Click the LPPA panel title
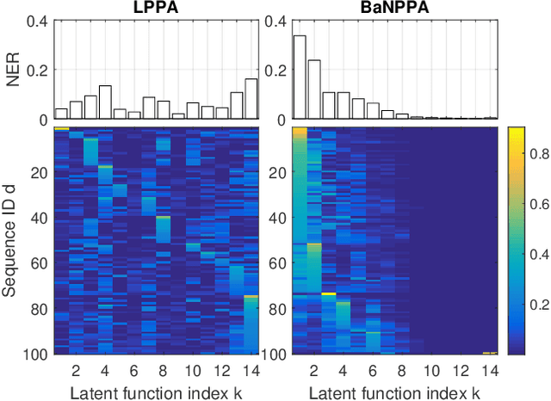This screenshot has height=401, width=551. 156,8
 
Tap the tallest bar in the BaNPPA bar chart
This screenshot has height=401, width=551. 300,77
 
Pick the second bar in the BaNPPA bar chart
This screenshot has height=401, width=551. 314,89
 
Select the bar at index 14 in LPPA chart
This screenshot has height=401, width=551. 251,99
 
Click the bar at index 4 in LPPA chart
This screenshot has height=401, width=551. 105,102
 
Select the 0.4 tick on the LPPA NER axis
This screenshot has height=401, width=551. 40,19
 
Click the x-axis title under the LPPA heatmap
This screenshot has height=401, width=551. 156,392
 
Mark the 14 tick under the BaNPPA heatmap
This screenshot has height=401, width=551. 489,372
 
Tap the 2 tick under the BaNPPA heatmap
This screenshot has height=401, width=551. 314,372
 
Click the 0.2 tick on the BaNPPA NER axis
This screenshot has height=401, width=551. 277,69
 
